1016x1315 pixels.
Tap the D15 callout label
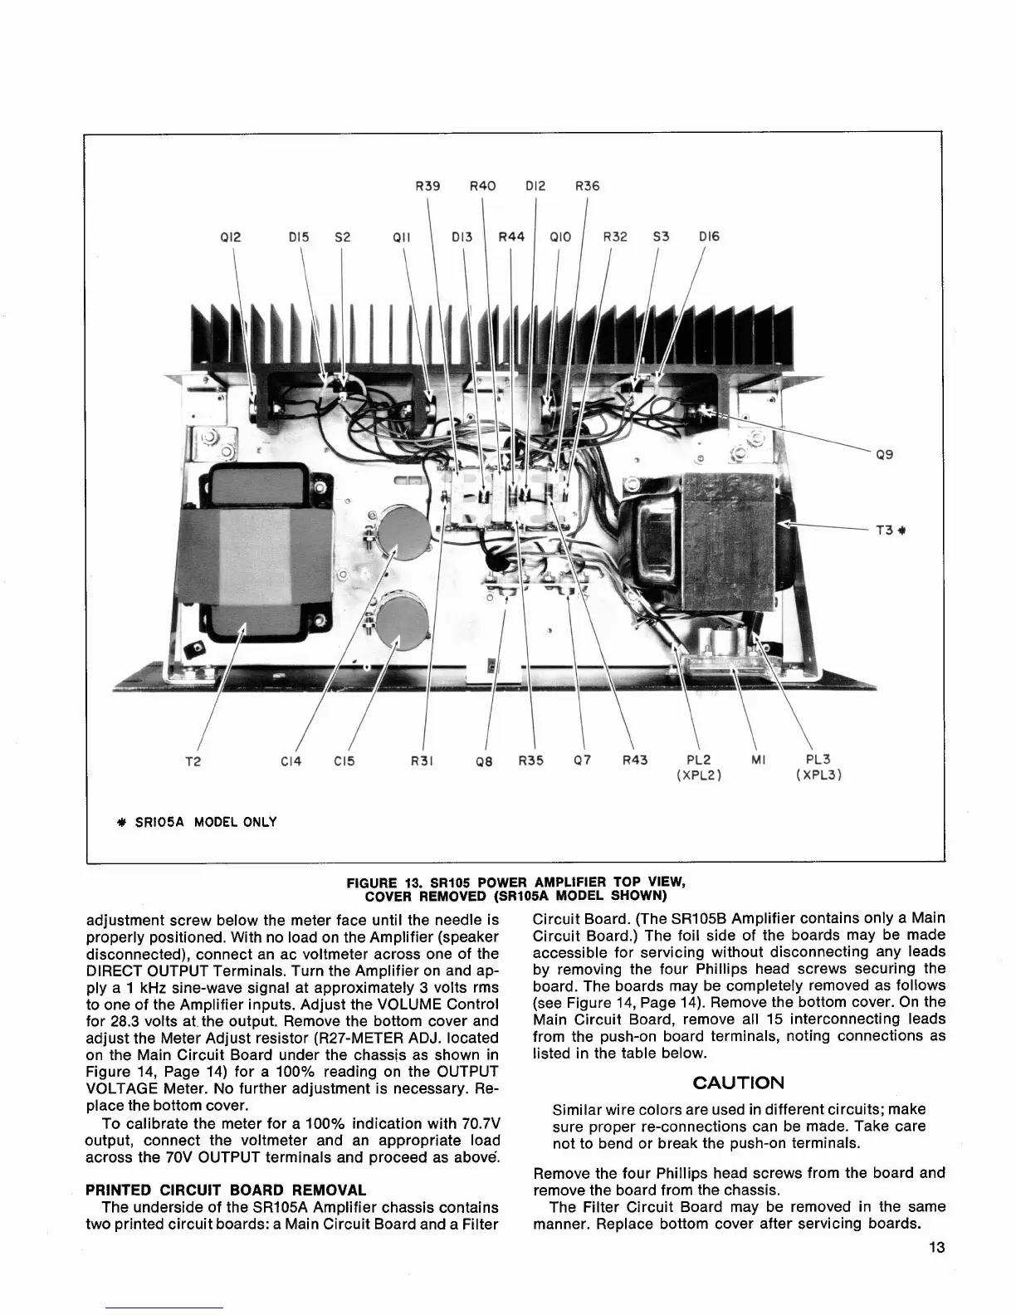[298, 237]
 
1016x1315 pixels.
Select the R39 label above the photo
[427, 186]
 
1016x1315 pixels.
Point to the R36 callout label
[587, 186]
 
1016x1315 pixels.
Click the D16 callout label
[709, 237]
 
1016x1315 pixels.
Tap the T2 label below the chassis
[193, 760]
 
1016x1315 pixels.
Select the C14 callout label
[291, 760]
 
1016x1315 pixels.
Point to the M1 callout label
[757, 760]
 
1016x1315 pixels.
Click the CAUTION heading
[738, 1083]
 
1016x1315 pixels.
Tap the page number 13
[937, 1247]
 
